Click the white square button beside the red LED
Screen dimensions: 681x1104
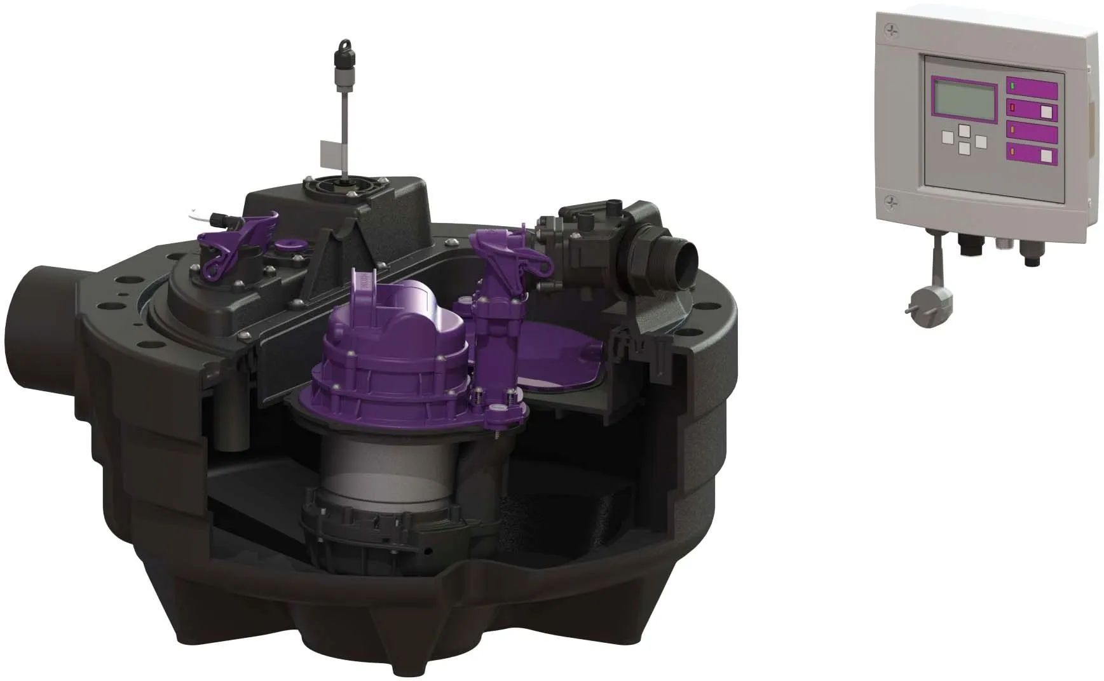pos(1046,113)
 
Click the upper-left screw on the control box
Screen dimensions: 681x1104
pos(891,29)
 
